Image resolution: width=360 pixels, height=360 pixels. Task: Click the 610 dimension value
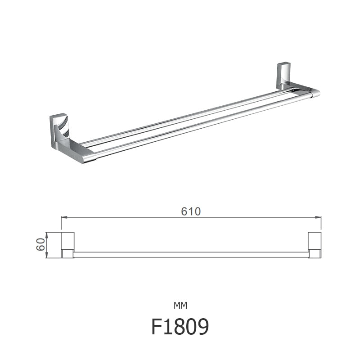click(x=191, y=211)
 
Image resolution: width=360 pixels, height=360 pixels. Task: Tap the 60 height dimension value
click(x=40, y=245)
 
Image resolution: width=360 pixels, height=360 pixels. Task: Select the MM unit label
click(x=180, y=306)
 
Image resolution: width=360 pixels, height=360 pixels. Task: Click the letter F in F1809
click(x=157, y=328)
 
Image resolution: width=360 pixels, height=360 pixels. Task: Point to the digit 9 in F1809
click(x=202, y=328)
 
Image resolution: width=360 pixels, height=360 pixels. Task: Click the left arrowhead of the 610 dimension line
click(x=63, y=217)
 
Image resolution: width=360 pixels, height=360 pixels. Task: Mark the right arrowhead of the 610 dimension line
click(x=319, y=217)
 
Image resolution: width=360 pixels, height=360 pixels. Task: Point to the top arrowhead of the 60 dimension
click(x=47, y=234)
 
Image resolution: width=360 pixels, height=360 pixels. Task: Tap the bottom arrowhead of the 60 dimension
click(x=47, y=256)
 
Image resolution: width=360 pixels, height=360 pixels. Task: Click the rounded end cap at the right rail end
click(x=315, y=93)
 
